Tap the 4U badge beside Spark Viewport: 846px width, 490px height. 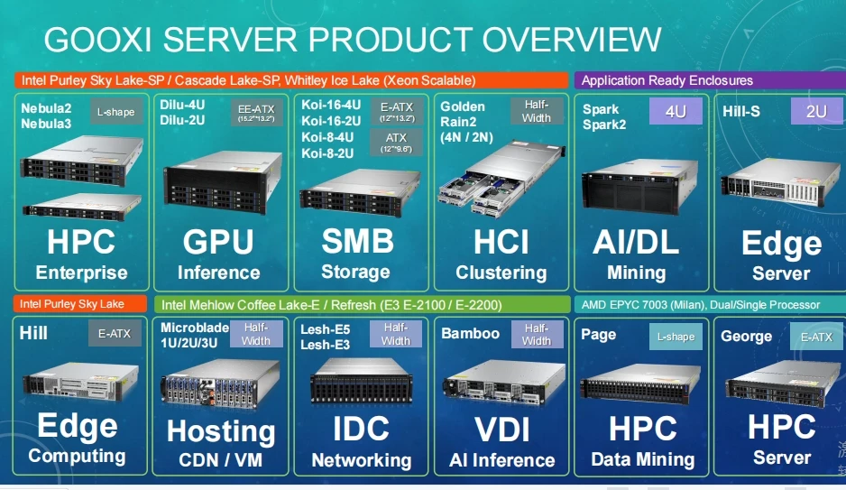676,113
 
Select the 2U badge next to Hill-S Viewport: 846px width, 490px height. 815,113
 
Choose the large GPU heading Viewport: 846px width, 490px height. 218,241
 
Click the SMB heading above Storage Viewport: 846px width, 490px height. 357,241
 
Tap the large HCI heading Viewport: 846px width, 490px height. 501,241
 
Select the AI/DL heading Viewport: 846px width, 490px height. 637,241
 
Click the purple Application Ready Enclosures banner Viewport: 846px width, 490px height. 667,80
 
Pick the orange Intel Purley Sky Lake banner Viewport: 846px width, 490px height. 72,304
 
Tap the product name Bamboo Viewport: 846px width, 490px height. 470,334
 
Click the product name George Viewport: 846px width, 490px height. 747,337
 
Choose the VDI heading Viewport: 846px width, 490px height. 501,429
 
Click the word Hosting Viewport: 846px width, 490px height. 221,430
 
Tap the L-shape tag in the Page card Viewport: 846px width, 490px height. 676,337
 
